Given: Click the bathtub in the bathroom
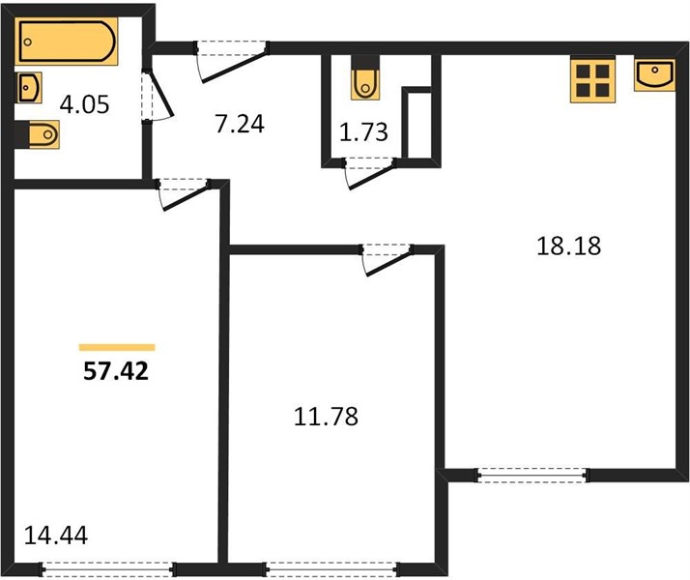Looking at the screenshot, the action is tap(67, 42).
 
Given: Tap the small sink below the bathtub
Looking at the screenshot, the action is tap(30, 88).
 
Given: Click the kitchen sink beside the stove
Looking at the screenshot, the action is tap(654, 74).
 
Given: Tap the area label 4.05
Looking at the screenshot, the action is tap(84, 105).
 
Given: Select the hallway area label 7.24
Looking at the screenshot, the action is tap(240, 124).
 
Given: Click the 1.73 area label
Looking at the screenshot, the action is tap(364, 132).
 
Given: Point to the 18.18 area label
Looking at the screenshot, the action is tap(569, 246).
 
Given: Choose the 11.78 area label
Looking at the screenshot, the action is tap(326, 417).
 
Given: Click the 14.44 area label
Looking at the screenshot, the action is tap(56, 536).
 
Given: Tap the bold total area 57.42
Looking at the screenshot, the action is tap(116, 372).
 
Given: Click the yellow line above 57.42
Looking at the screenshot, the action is tap(117, 348).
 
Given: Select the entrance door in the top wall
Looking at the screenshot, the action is tap(232, 62).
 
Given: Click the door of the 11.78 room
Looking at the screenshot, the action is tap(387, 260).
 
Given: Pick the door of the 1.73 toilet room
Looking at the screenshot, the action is tap(369, 174).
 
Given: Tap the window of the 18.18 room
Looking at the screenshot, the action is tap(532, 476).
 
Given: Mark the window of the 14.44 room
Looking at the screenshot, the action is tap(108, 569).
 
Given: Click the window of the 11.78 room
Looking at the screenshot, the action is tap(331, 569).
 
